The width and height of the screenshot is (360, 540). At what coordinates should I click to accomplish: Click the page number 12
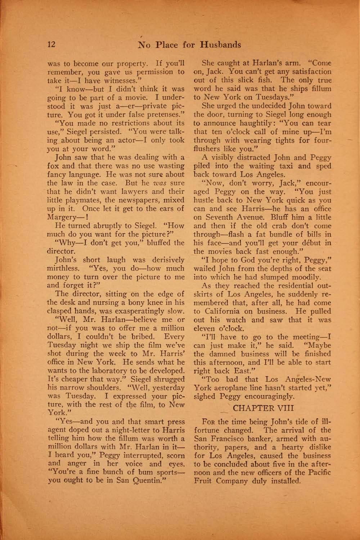pos(51,45)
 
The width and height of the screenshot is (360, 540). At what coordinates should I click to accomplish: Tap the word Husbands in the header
pos(220,45)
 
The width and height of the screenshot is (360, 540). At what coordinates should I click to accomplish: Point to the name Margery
pos(62,217)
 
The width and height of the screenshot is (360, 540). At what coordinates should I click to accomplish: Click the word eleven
pos(204,329)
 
